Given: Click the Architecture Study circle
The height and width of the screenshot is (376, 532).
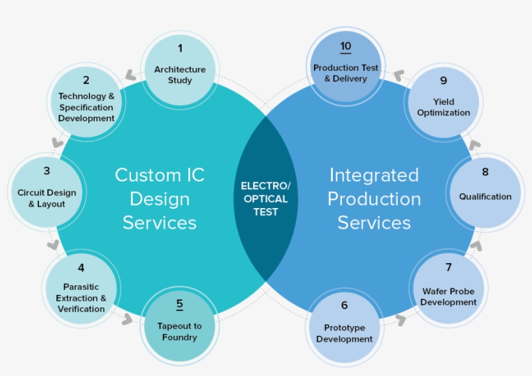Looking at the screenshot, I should (x=180, y=70).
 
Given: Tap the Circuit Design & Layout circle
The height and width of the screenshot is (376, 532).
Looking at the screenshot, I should (x=47, y=193).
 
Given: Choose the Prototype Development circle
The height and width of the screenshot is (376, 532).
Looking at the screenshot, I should (x=345, y=327).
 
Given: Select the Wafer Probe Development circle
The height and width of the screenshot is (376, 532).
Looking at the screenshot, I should (x=448, y=289).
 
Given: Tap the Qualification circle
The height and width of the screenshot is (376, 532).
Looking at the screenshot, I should (x=485, y=191).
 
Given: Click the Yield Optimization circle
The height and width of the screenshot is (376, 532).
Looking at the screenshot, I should (x=444, y=101).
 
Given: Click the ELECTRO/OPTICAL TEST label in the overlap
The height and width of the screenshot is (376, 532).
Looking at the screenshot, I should (x=266, y=198).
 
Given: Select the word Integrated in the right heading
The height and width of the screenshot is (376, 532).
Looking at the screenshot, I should (x=374, y=175).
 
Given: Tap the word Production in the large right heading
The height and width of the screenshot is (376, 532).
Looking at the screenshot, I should (x=374, y=199).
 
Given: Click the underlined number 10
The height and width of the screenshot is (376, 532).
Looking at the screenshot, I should (x=345, y=47).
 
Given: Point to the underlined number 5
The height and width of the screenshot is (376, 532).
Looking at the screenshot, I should (x=180, y=304).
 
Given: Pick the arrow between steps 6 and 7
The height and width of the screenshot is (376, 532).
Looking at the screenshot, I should (x=400, y=320).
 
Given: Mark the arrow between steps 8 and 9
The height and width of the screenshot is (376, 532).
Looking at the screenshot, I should (x=475, y=145).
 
